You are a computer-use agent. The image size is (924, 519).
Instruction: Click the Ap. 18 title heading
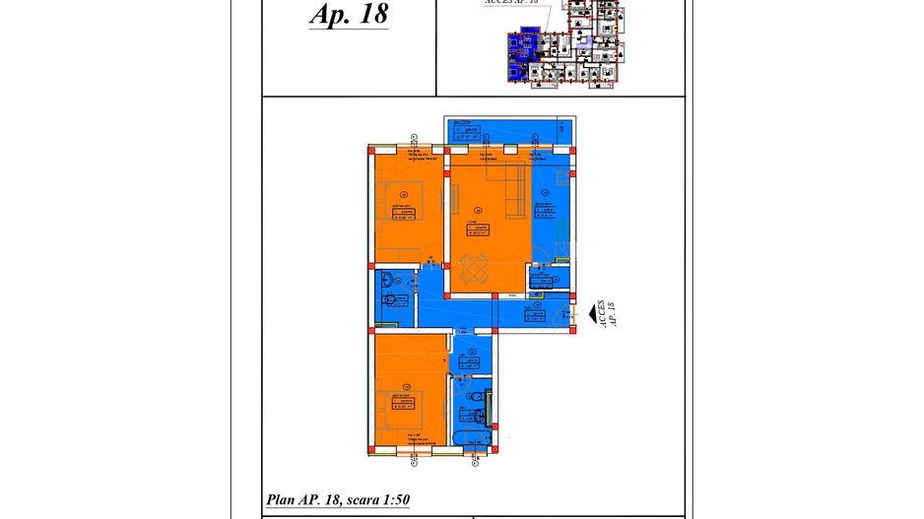tap(348, 15)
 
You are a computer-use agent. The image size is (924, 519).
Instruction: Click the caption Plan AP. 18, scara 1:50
tap(338, 500)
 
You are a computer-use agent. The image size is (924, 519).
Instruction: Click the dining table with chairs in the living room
tap(474, 269)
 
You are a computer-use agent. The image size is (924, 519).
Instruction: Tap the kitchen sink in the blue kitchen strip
tap(561, 178)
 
